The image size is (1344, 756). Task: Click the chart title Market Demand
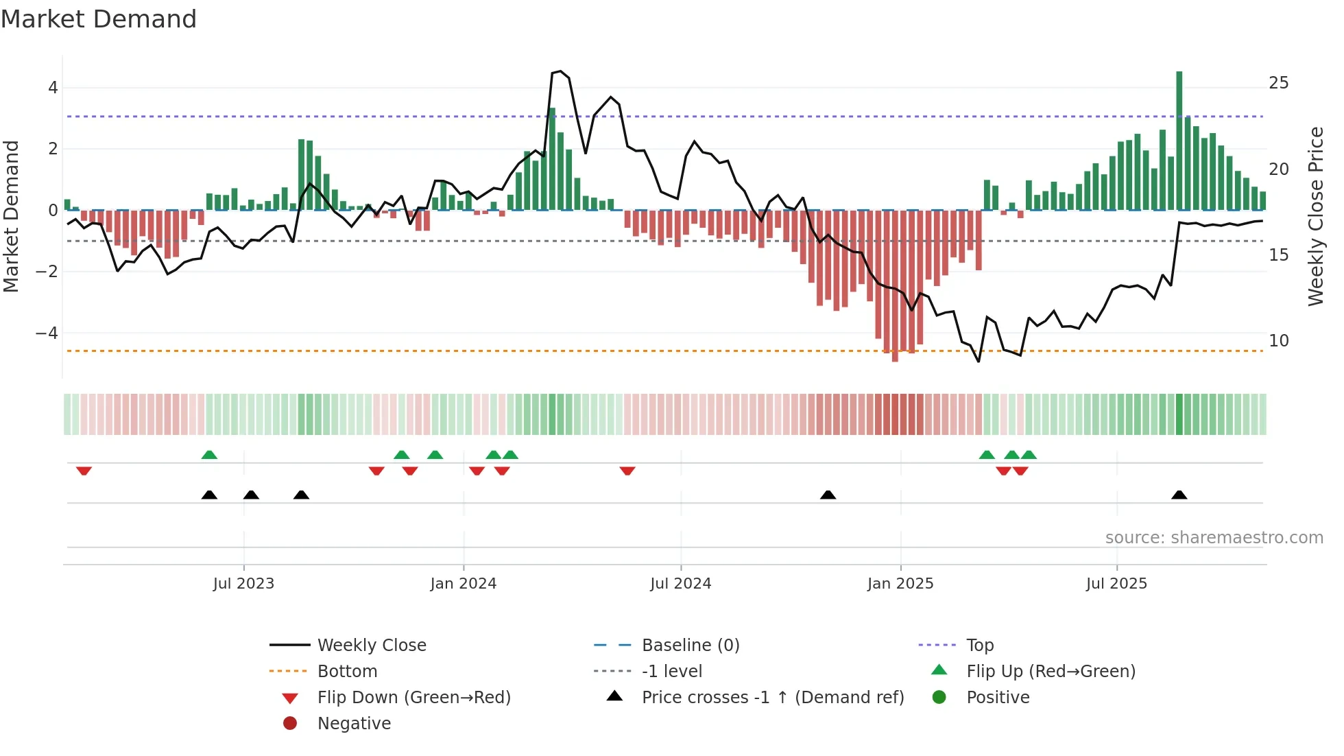coord(99,19)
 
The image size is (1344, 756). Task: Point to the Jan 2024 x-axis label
coord(463,584)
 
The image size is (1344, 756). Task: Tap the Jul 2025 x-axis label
coord(1116,584)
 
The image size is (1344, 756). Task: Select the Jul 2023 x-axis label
coord(243,584)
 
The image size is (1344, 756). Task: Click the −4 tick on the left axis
coord(47,333)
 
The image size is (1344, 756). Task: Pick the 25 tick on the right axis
coord(1278,83)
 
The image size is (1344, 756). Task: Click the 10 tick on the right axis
coord(1278,341)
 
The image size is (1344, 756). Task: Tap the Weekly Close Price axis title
coord(1315,216)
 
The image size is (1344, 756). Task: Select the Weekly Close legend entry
coord(371,646)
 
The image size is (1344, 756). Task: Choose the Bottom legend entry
coord(347,672)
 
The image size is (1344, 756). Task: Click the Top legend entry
coord(979,646)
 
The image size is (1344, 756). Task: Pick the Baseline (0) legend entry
coord(690,646)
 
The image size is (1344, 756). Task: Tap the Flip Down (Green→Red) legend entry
coord(413,698)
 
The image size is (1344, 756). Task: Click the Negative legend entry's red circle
coord(290,724)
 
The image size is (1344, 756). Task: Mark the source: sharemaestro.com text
coord(1214,538)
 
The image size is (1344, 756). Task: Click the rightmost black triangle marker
coord(1179,495)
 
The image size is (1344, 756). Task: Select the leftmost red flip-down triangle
coord(84,471)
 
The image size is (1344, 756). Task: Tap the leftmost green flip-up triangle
coord(209,455)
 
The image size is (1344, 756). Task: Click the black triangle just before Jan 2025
coord(828,495)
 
